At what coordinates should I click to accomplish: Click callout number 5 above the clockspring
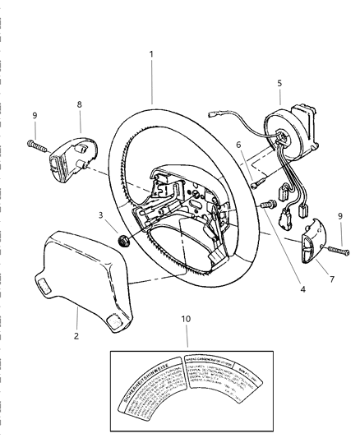279,82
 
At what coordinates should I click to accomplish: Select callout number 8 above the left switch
79,104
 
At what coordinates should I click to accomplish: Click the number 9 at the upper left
34,116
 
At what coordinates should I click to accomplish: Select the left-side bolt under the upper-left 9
36,147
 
